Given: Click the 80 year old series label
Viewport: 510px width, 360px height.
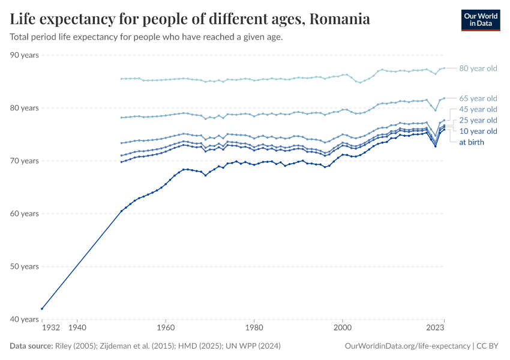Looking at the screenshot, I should click(x=478, y=68).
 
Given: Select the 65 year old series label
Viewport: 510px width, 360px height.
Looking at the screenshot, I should click(x=478, y=98).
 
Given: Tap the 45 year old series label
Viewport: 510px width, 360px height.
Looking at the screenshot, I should click(x=478, y=109).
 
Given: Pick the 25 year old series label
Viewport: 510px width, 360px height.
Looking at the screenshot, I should click(x=478, y=120).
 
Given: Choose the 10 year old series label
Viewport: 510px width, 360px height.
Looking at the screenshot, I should click(x=478, y=131).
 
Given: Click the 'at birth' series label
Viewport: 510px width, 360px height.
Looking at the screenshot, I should click(x=471, y=142).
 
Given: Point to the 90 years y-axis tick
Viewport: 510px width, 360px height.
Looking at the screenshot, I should click(x=25, y=55).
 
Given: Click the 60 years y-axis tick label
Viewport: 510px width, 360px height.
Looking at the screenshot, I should click(x=25, y=214).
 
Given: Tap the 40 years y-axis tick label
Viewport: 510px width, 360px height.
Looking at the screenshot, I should click(x=25, y=319).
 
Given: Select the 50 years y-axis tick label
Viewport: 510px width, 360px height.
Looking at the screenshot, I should click(x=25, y=266).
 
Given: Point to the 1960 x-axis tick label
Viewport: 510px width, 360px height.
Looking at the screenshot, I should click(x=166, y=328).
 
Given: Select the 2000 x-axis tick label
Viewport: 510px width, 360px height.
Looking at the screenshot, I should click(x=342, y=328).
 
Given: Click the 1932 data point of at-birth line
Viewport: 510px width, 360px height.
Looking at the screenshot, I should click(x=42, y=308).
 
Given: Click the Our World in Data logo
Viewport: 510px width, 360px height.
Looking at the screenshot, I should click(x=480, y=20).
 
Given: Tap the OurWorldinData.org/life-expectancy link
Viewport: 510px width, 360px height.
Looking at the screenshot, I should click(x=408, y=346).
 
